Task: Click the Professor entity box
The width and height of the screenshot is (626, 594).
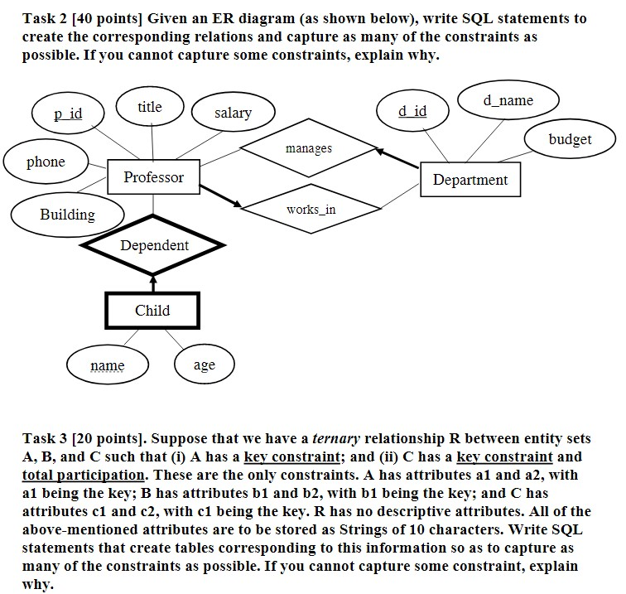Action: click(154, 177)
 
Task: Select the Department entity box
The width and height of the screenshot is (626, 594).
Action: click(470, 180)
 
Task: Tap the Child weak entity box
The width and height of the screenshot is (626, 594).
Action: click(152, 311)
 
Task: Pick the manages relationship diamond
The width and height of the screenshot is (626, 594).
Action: click(308, 149)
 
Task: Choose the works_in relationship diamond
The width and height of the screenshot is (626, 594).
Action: click(311, 210)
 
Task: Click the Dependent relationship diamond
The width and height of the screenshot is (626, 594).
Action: click(154, 246)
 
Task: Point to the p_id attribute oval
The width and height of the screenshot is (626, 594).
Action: click(68, 113)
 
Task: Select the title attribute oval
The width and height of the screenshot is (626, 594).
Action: click(150, 107)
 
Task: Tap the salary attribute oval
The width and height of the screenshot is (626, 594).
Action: click(233, 113)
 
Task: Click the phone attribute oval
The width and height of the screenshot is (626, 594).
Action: click(46, 162)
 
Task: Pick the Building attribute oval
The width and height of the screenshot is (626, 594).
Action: click(67, 215)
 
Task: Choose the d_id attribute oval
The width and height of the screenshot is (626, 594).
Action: click(412, 111)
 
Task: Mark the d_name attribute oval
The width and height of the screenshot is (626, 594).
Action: click(508, 100)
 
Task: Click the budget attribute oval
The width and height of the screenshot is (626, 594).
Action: click(570, 139)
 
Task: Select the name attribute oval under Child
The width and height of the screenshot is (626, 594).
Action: click(108, 365)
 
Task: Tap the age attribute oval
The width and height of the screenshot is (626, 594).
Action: click(204, 365)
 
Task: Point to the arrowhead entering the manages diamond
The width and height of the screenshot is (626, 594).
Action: click(380, 152)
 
